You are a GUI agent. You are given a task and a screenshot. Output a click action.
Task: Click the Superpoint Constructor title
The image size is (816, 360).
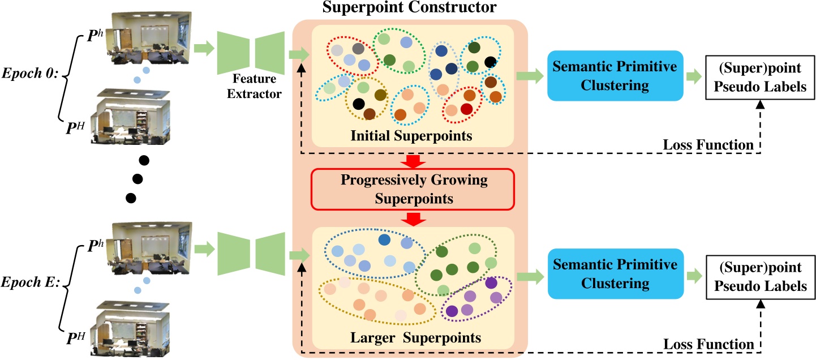[x=410, y=8]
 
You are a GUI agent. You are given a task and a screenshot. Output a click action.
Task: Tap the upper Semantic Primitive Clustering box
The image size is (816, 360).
[x=615, y=75]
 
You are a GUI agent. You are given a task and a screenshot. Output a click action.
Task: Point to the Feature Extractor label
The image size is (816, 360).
[x=254, y=86]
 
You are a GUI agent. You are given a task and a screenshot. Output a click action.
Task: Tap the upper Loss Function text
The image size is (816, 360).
[x=708, y=146]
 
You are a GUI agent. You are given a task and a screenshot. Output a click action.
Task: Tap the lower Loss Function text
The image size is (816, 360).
[x=708, y=344]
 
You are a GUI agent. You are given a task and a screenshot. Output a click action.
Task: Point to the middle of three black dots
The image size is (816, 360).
[x=137, y=179]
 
